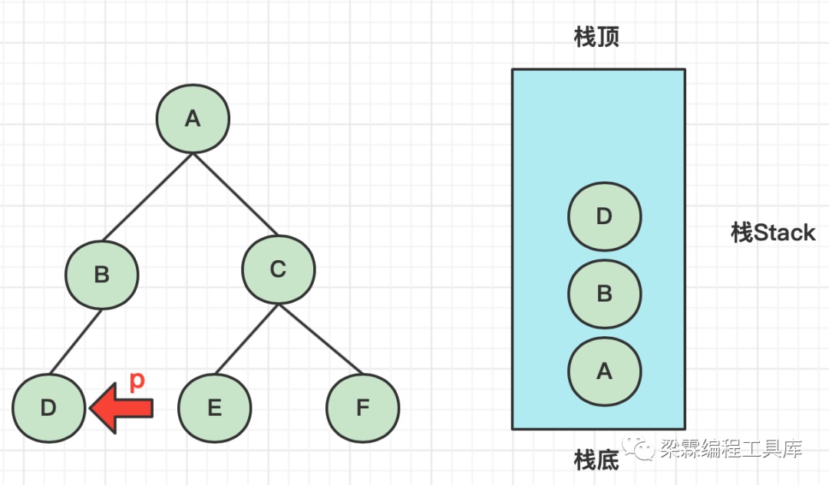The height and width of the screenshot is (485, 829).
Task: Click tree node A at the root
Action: point(193,118)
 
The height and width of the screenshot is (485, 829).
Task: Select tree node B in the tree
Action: point(101,274)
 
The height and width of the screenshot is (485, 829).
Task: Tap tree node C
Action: point(278,269)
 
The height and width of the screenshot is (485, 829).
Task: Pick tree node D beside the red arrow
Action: point(48,407)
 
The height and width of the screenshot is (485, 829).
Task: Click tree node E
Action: point(214,407)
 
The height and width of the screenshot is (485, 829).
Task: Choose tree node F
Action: point(362,407)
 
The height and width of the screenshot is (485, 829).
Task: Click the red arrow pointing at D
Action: point(123,407)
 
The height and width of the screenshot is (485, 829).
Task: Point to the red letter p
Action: point(137,381)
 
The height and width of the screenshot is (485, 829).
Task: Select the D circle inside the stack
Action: point(604,216)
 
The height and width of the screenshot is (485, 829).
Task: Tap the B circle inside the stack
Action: point(604,293)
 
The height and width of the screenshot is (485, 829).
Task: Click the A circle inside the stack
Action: point(604,371)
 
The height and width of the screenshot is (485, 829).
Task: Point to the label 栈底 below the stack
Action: point(596,460)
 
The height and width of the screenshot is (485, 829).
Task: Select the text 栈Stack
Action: point(772,233)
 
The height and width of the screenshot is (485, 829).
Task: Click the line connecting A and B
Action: point(147,197)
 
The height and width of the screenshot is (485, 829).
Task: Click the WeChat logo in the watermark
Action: point(639,448)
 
